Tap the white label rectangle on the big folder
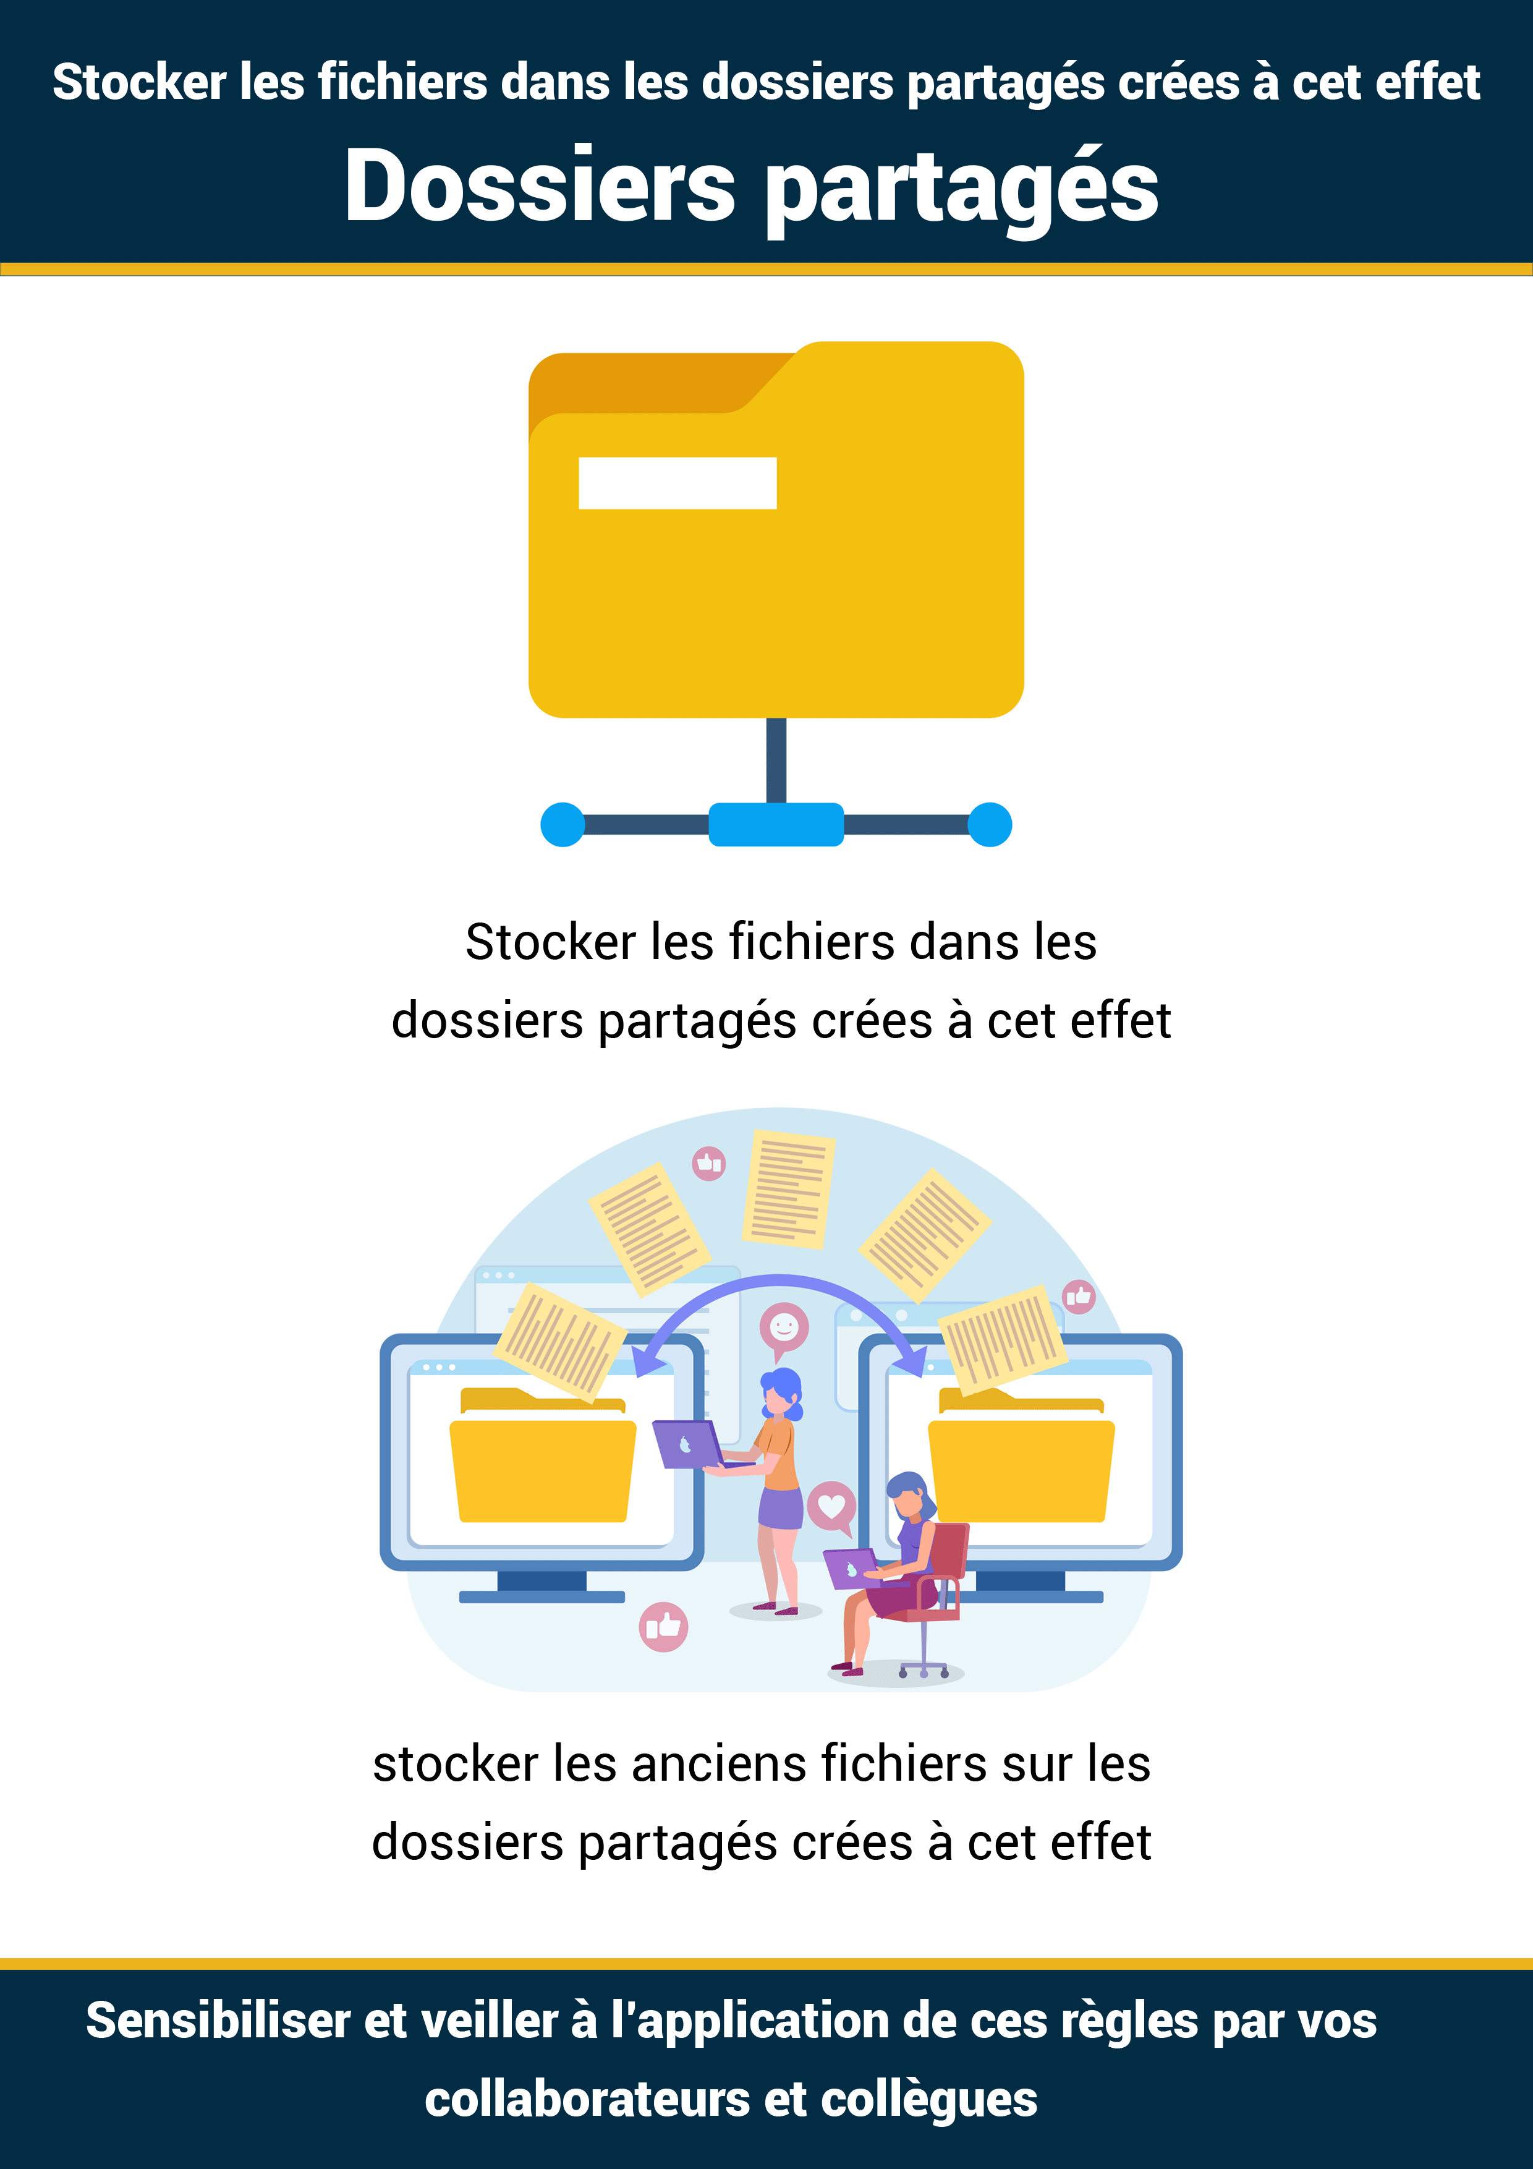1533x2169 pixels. [677, 483]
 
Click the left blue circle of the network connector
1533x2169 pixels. [563, 825]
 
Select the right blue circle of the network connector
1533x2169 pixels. [990, 825]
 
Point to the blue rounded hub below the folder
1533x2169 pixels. [776, 825]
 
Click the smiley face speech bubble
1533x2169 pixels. [784, 1329]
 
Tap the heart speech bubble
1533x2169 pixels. [831, 1507]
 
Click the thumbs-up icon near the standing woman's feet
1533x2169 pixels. [663, 1627]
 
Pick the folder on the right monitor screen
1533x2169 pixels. [1021, 1455]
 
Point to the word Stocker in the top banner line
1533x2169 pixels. [139, 82]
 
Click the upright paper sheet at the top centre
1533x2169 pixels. [788, 1188]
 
